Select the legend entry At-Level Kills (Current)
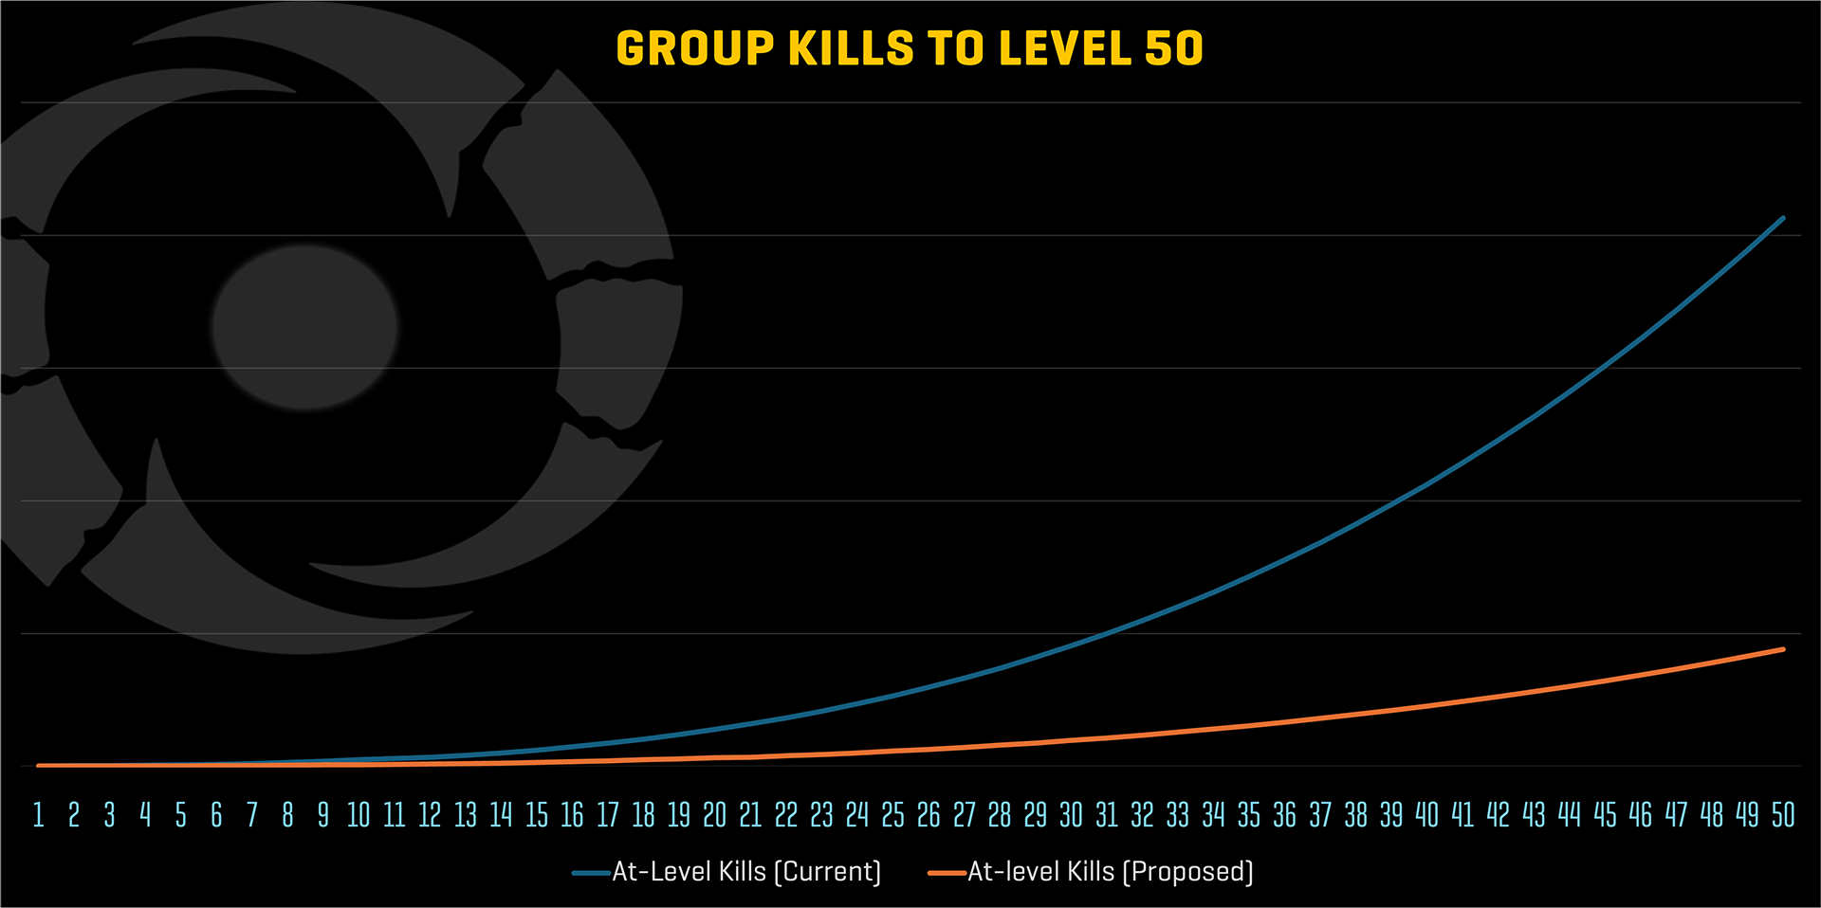pyautogui.click(x=746, y=872)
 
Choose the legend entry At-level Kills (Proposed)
pyautogui.click(x=1110, y=872)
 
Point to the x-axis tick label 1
pyautogui.click(x=39, y=815)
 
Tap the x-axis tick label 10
pyautogui.click(x=359, y=815)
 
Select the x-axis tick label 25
pyautogui.click(x=892, y=815)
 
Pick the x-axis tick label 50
pyautogui.click(x=1783, y=815)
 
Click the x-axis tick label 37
pyautogui.click(x=1320, y=815)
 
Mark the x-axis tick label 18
pyautogui.click(x=643, y=815)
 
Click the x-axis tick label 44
pyautogui.click(x=1570, y=815)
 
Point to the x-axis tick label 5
pyautogui.click(x=180, y=815)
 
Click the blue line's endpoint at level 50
pyautogui.click(x=1783, y=218)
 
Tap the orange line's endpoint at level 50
pyautogui.click(x=1783, y=649)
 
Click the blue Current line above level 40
pyautogui.click(x=1427, y=485)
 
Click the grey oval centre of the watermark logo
pyautogui.click(x=304, y=327)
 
